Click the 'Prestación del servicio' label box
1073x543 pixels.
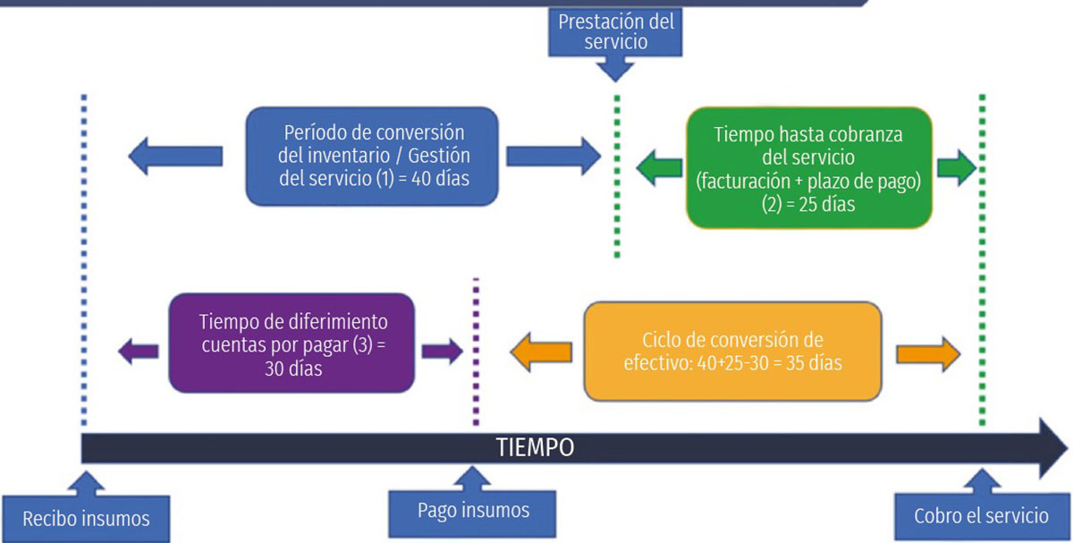pyautogui.click(x=616, y=32)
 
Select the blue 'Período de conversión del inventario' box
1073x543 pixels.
pyautogui.click(x=371, y=156)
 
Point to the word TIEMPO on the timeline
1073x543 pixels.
pyautogui.click(x=536, y=447)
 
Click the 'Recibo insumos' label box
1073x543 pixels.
pyautogui.click(x=85, y=518)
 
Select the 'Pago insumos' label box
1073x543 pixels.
pyautogui.click(x=473, y=510)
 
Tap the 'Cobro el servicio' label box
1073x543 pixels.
pyautogui.click(x=980, y=516)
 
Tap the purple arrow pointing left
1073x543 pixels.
pyautogui.click(x=139, y=349)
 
